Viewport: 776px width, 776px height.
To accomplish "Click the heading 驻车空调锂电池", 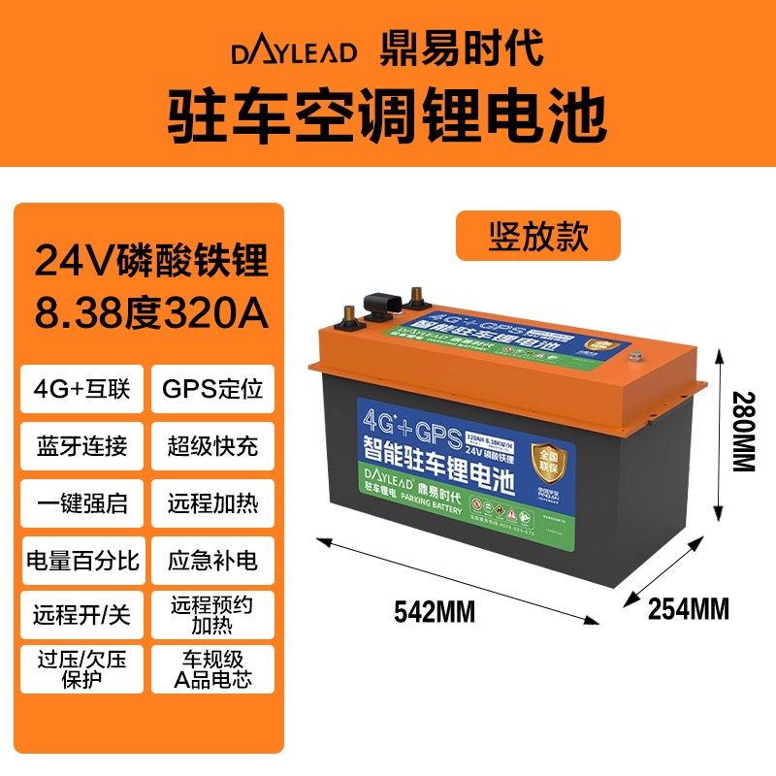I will coord(388,114).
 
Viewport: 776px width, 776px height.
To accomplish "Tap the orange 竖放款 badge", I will coord(537,236).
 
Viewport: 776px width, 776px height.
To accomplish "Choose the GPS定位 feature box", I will coord(212,392).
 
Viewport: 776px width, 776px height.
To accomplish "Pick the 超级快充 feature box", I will coord(212,448).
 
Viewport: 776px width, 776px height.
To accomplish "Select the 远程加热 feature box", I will coord(212,504).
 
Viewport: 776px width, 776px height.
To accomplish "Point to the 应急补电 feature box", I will coord(212,561).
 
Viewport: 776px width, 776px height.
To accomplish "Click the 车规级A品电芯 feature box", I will coord(212,668).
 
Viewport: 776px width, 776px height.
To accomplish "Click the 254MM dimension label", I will coord(688,609).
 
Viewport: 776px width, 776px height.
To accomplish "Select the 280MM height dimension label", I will coord(741,431).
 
